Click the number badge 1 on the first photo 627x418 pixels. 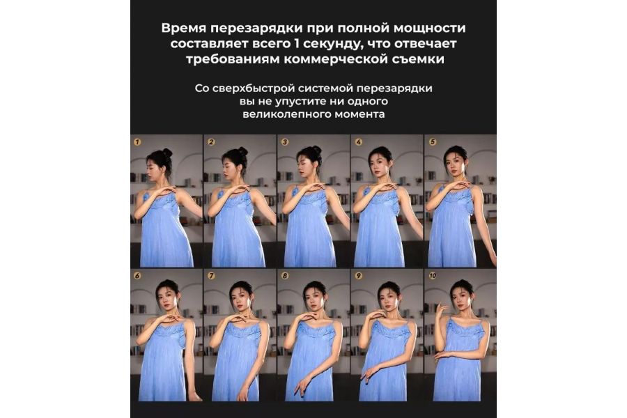point(137,141)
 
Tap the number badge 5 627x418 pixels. point(432,141)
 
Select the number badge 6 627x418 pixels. point(137,276)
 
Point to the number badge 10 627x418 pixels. point(433,276)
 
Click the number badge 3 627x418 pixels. point(284,141)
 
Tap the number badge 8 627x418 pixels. point(284,276)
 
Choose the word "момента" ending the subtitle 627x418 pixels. point(361,114)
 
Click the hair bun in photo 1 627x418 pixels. point(167,152)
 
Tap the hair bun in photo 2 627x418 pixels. point(242,150)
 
